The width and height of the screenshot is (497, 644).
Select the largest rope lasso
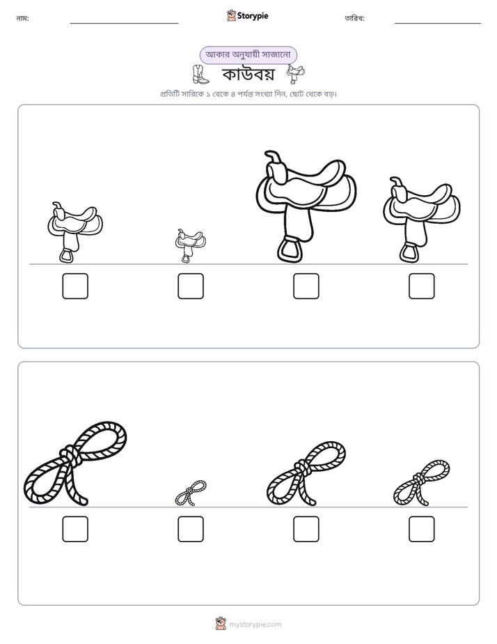[x=75, y=463]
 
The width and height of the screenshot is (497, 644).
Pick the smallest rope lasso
[x=191, y=493]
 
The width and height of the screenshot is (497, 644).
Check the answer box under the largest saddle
[x=306, y=286]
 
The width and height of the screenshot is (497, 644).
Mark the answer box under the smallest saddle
[x=191, y=286]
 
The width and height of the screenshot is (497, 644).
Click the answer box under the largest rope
[x=75, y=529]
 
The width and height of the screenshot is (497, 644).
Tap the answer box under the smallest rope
[x=191, y=529]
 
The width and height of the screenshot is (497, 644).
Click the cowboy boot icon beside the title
[x=200, y=75]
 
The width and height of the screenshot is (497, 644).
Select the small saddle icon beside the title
[x=296, y=74]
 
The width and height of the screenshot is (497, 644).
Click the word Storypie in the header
[x=253, y=15]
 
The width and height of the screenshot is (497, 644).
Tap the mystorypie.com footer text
[x=255, y=624]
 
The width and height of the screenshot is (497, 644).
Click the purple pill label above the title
[x=248, y=54]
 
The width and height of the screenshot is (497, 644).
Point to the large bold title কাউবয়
[x=248, y=75]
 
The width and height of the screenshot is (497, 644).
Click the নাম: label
[x=22, y=18]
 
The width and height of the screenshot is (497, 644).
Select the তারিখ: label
[x=355, y=18]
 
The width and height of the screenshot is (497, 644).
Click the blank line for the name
[x=124, y=24]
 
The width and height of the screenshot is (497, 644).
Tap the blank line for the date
[x=438, y=24]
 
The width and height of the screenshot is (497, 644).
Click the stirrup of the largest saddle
[x=290, y=250]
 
